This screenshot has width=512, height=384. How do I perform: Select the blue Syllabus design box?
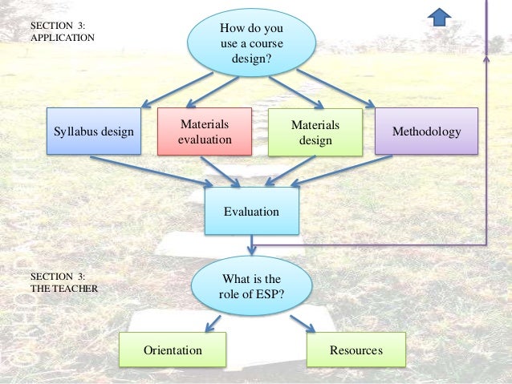tap(94, 131)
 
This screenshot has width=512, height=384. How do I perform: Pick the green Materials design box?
tap(315, 132)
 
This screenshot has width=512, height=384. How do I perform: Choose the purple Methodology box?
tap(426, 131)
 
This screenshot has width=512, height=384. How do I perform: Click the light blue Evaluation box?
tap(251, 212)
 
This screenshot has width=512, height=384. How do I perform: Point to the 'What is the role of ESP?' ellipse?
tap(251, 285)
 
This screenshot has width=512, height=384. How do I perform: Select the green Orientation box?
tap(172, 351)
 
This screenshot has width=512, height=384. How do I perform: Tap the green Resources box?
tap(356, 351)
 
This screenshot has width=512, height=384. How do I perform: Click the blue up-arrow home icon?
tap(440, 15)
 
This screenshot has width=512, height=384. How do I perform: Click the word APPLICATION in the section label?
tap(63, 38)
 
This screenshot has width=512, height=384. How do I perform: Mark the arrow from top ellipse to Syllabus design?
tap(177, 91)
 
